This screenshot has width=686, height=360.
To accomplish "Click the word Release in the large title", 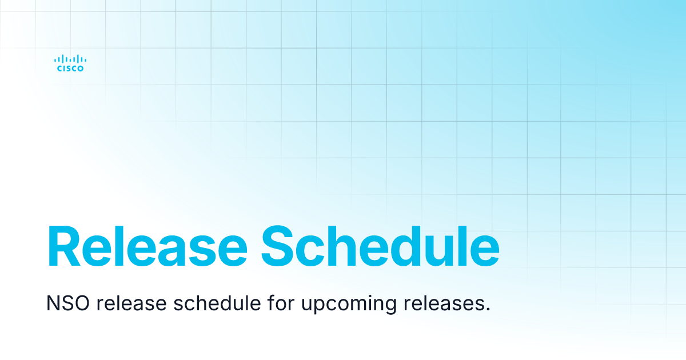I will tap(147, 247).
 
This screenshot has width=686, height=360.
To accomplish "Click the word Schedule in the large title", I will tap(380, 247).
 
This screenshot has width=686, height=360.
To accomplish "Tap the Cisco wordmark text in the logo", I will tap(70, 69).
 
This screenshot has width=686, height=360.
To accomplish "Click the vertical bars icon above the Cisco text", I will tap(70, 58).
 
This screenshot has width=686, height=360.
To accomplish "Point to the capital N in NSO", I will tap(53, 303).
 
